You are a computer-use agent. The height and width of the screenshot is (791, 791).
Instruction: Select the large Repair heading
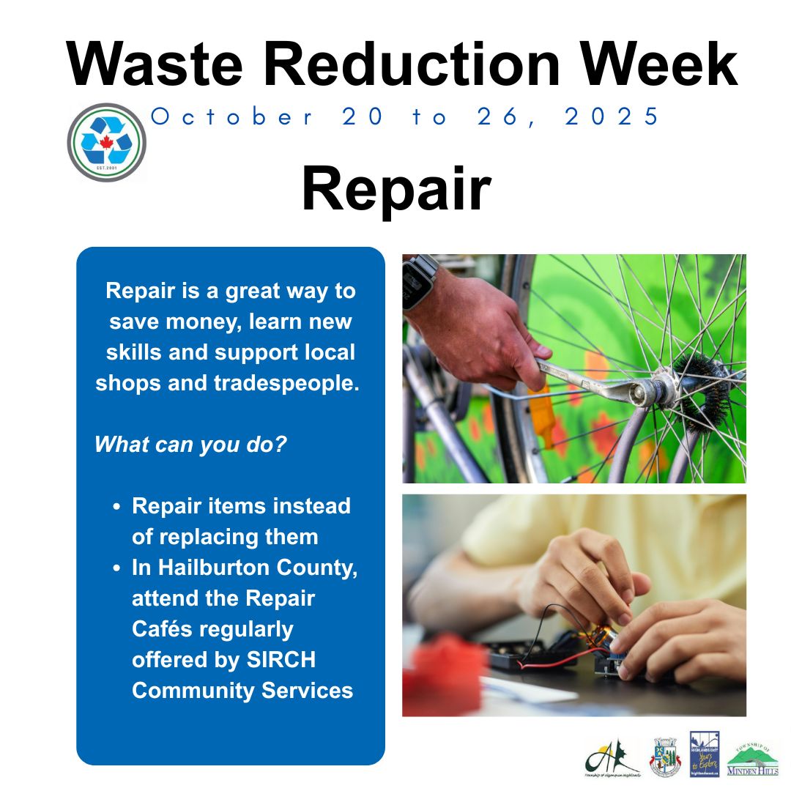pos(395,190)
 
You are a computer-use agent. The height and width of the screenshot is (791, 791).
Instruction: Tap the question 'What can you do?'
pos(190,445)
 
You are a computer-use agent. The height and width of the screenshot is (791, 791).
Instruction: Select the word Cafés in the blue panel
pos(163,628)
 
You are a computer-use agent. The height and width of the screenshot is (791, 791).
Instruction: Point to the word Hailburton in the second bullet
pos(218,568)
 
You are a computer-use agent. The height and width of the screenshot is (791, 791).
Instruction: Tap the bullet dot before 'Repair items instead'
pos(117,507)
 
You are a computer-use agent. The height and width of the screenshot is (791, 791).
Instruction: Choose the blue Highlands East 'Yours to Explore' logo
pos(705,754)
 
